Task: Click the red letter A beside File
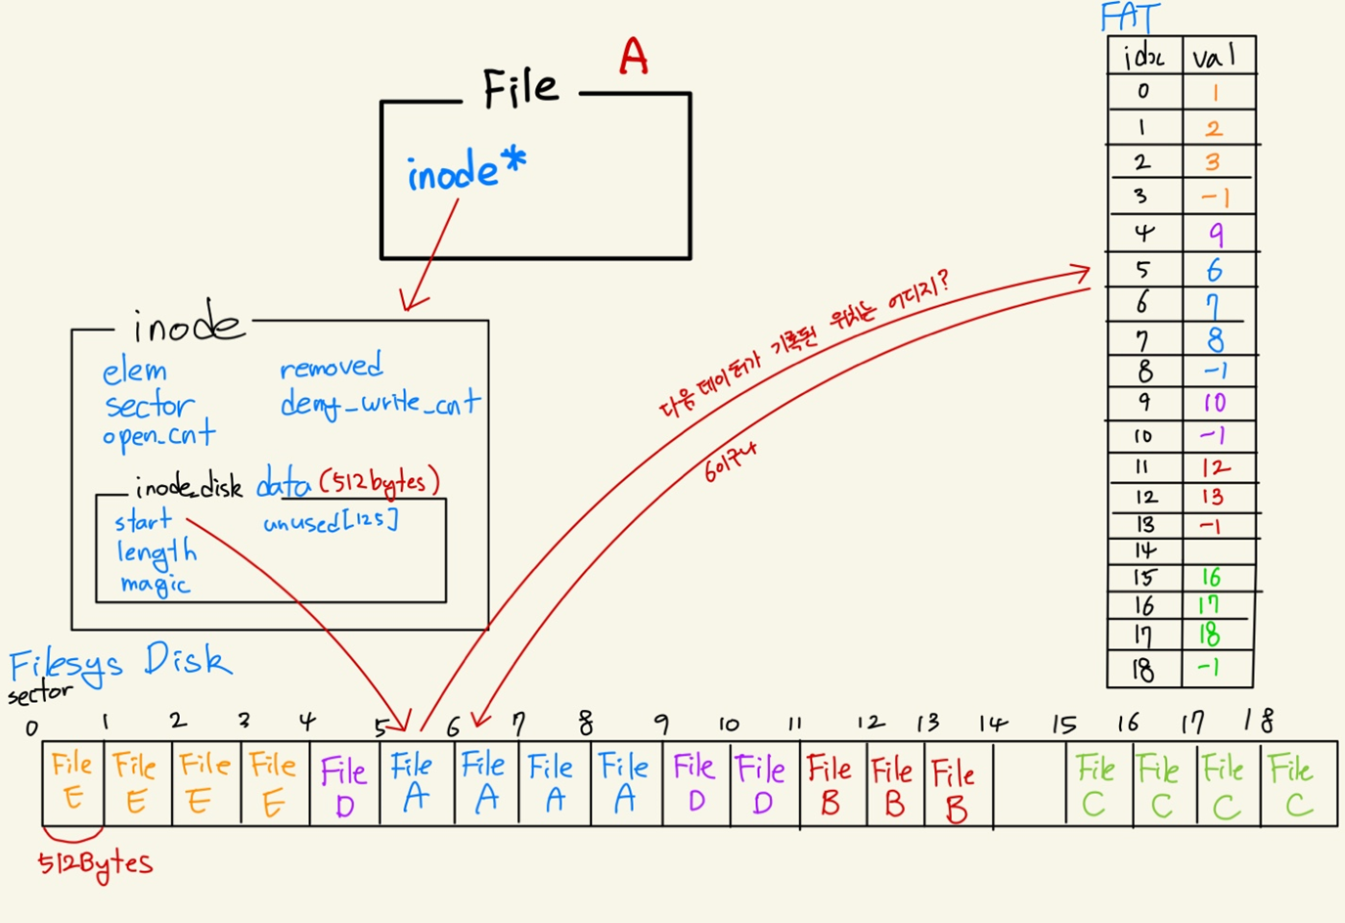[x=634, y=57]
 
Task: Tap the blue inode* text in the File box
[x=466, y=171]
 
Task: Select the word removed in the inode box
[x=331, y=367]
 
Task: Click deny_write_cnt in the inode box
[x=380, y=402]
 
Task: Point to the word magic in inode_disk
[x=155, y=585]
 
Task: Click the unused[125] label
[x=331, y=521]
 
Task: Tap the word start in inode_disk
[x=143, y=521]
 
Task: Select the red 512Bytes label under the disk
[x=95, y=864]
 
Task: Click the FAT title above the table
[x=1130, y=18]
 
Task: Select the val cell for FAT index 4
[x=1216, y=234]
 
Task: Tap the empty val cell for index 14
[x=1216, y=550]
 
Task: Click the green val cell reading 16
[x=1212, y=578]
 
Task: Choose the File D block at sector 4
[x=344, y=785]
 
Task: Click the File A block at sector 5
[x=413, y=783]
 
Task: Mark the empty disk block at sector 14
[x=1029, y=785]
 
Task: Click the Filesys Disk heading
[x=120, y=662]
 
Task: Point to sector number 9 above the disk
[x=661, y=724]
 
